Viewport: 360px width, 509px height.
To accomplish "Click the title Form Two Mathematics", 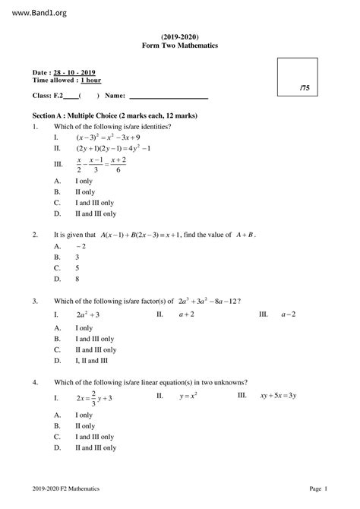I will coord(180,46).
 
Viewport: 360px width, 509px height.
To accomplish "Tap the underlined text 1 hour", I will coord(90,80).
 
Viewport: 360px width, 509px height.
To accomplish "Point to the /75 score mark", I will coord(305,89).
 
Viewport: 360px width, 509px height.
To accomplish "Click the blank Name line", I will coord(169,96).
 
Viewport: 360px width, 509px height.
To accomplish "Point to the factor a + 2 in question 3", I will coord(187,314).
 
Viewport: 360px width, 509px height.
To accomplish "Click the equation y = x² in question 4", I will coord(188,397).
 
